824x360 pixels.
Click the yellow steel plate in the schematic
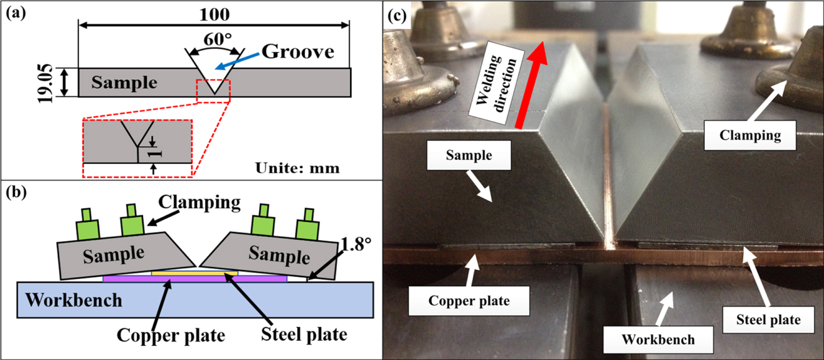click(195, 273)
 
